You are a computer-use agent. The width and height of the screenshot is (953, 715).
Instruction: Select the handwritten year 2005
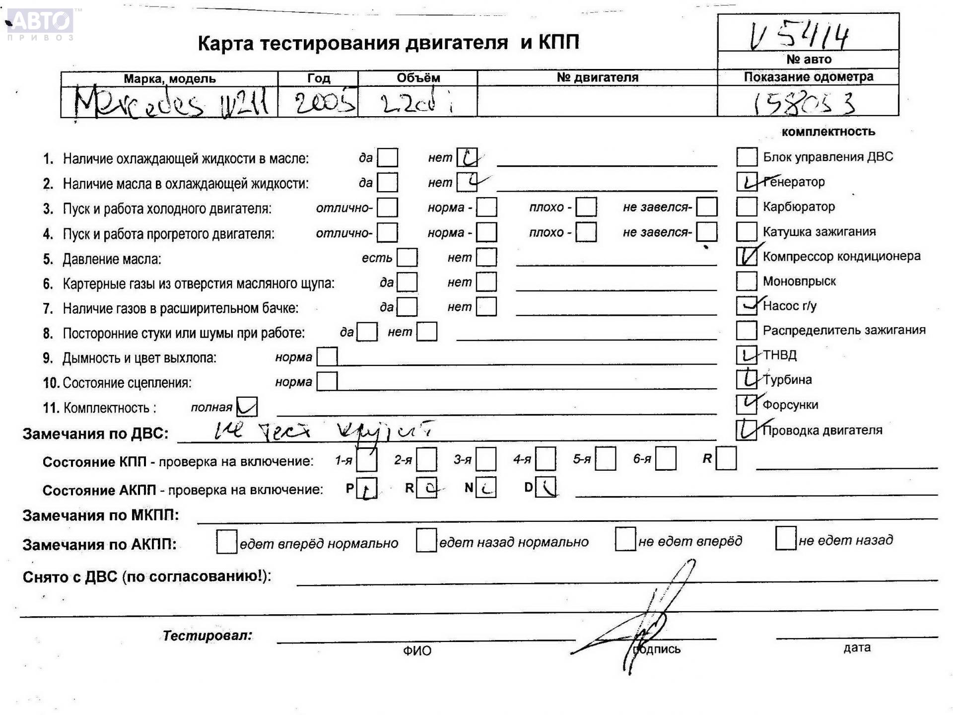coord(324,103)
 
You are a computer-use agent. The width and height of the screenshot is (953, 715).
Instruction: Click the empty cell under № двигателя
coord(597,102)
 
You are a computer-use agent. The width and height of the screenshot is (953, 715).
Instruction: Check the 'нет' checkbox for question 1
coord(467,158)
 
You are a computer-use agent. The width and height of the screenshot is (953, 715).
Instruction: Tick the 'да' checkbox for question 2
coord(387,183)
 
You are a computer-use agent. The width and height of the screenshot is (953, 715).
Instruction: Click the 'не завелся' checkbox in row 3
coord(706,207)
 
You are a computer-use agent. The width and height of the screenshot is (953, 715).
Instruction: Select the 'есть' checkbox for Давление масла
coord(407,258)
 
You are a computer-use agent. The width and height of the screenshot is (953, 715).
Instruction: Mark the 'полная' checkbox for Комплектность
coord(247,407)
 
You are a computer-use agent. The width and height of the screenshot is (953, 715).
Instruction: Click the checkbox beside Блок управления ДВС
coord(746,157)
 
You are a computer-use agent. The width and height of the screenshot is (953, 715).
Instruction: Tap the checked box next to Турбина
coord(746,379)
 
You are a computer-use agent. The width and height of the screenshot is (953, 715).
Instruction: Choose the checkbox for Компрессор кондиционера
coord(746,256)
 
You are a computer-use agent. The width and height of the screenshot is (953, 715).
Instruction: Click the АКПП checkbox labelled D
coord(546,488)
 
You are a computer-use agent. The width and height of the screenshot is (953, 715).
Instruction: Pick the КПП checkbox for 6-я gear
coord(665,459)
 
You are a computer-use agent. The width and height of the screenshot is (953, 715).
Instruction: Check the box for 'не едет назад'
coord(785,539)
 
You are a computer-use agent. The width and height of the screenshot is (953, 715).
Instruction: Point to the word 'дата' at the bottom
coord(857,647)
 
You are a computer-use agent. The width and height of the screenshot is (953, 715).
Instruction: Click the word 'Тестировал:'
coord(207,635)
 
